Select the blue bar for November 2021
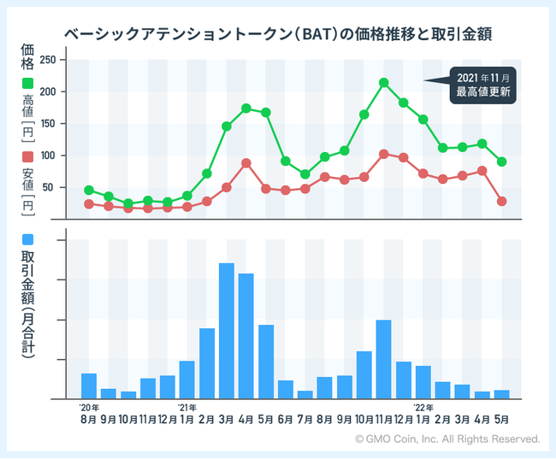click(384, 359)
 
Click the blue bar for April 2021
click(246, 336)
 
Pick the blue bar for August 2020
click(89, 385)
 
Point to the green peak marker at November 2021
click(384, 83)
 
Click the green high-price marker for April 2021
click(246, 109)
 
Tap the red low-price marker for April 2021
click(246, 163)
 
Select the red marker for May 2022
click(502, 201)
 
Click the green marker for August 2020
click(89, 190)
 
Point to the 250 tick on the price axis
click(48, 60)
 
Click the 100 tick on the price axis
click(48, 156)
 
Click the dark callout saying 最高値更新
click(483, 85)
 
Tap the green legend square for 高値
click(27, 85)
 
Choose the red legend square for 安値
click(27, 157)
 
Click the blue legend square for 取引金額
click(27, 238)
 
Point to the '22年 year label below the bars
click(423, 407)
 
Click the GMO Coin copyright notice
click(447, 438)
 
